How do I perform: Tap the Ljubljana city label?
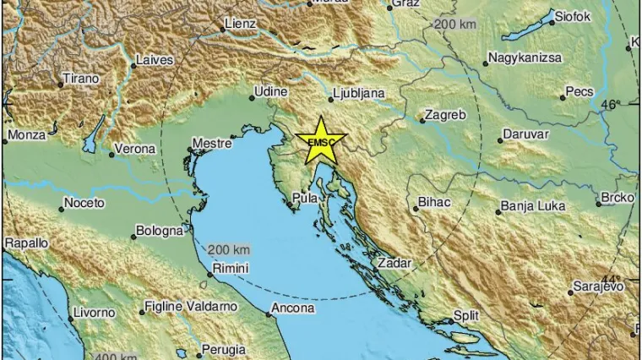pos(359,92)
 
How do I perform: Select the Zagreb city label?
pos(445,114)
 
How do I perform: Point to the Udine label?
pos(274,91)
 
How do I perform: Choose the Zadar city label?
pos(395,263)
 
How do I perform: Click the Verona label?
pos(137,149)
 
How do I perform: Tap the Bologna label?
pos(159,230)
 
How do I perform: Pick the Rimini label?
pos(230,268)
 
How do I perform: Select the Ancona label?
pos(292,308)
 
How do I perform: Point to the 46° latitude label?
pos(610,105)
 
